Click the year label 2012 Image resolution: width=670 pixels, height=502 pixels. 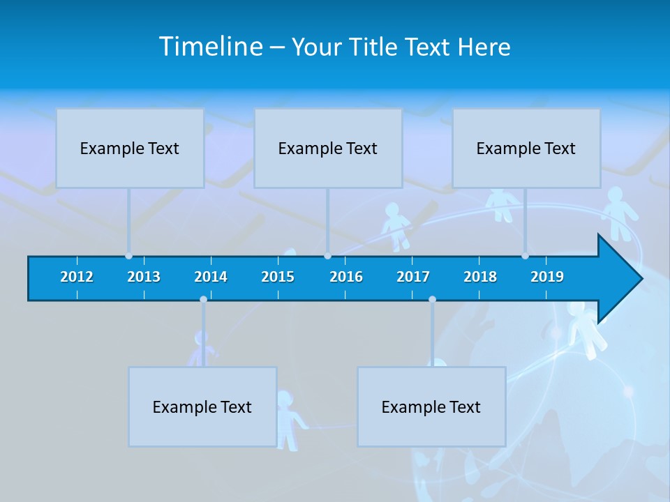[x=77, y=277]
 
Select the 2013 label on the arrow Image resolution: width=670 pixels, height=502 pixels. [x=144, y=277]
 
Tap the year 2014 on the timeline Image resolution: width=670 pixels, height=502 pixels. [x=211, y=277]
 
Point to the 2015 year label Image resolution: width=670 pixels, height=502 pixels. [x=278, y=277]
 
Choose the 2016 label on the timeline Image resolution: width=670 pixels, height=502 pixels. [x=346, y=277]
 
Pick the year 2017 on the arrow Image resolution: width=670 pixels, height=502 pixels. [x=413, y=277]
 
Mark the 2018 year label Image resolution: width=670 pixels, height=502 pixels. [x=480, y=277]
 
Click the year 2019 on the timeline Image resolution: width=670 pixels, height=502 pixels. [x=547, y=277]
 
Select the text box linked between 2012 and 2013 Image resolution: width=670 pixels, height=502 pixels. [x=130, y=148]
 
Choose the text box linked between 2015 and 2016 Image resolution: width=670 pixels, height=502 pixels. [x=328, y=148]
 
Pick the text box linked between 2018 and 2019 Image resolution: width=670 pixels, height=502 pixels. [x=526, y=148]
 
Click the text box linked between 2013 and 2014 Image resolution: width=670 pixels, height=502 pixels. [x=202, y=406]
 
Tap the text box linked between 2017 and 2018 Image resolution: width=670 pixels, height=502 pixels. [x=431, y=406]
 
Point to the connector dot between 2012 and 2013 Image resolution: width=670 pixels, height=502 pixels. [x=128, y=256]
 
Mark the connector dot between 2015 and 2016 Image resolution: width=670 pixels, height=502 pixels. [x=327, y=256]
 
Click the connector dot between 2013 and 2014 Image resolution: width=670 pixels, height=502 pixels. [x=203, y=299]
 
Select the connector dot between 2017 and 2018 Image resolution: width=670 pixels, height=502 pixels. [x=432, y=299]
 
